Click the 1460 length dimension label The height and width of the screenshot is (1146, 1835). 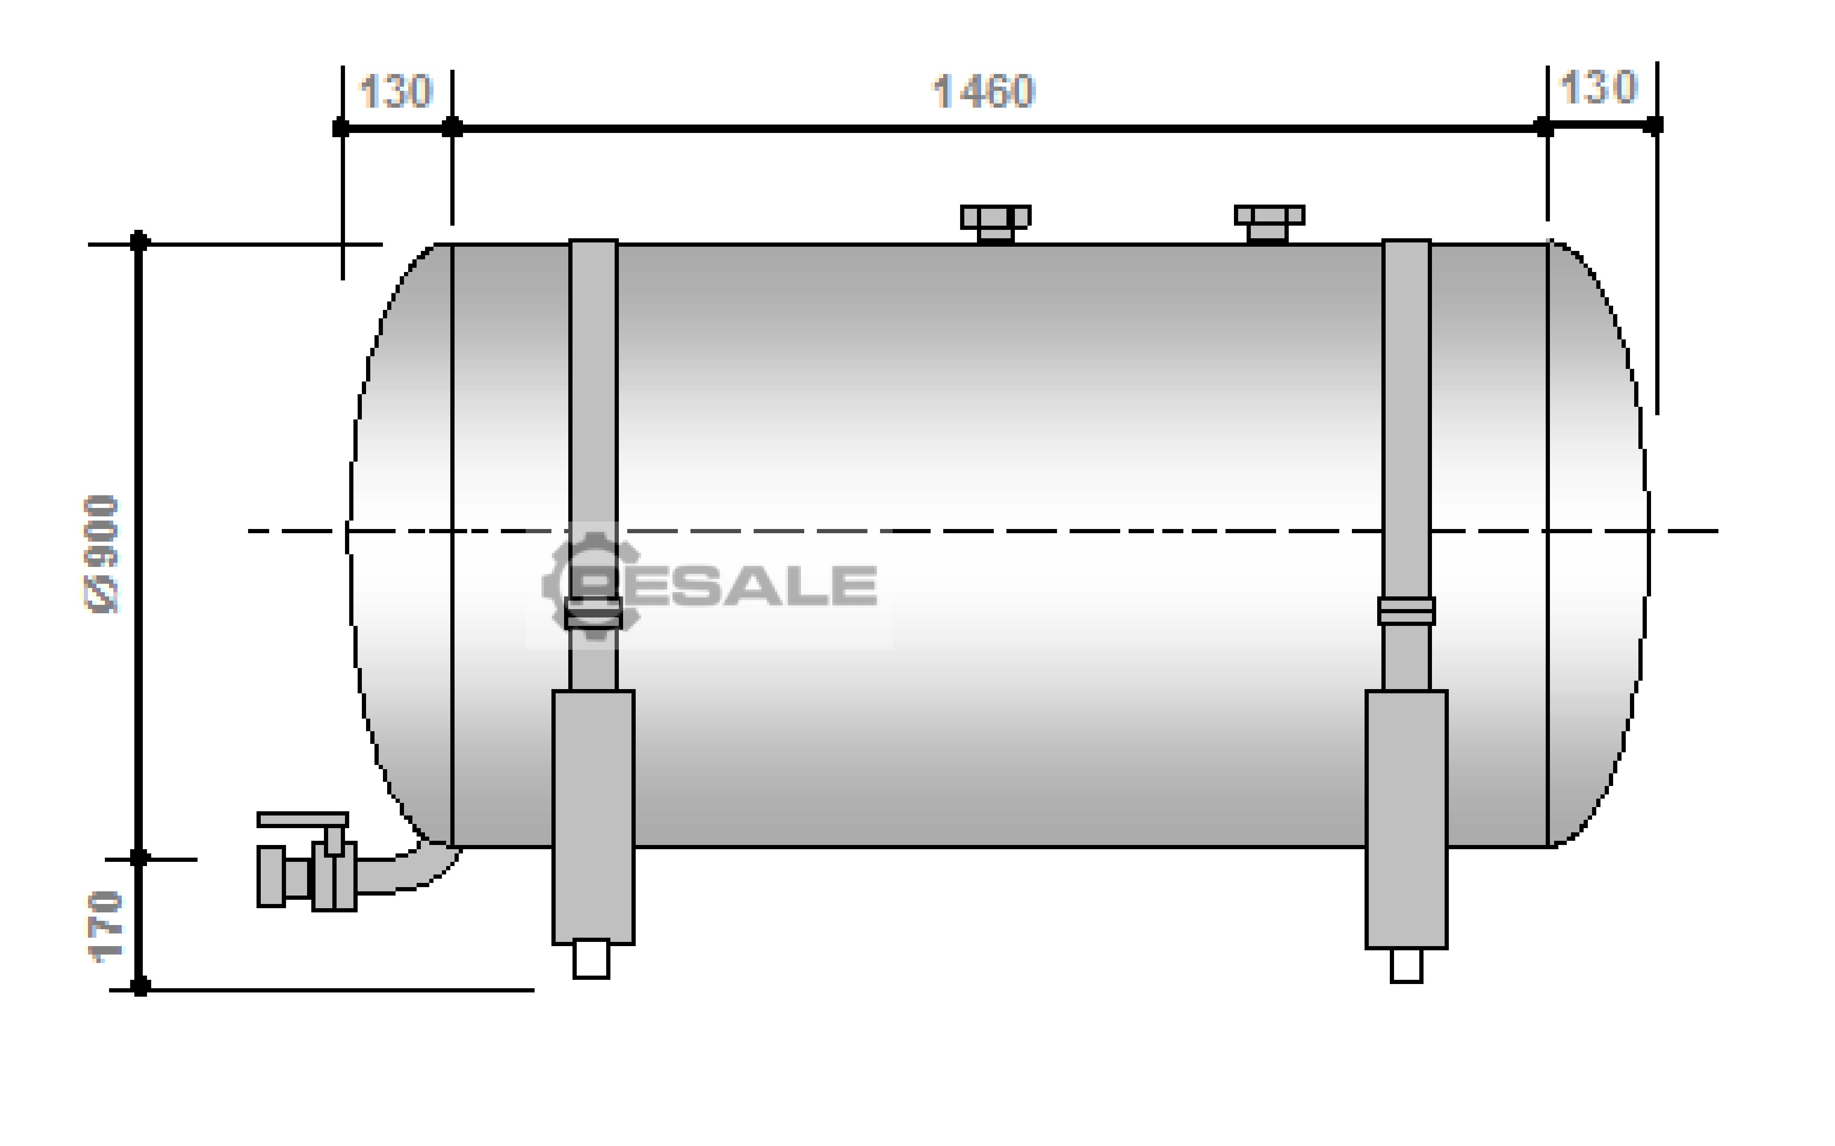pos(983,92)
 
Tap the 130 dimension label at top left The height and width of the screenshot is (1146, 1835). pos(395,92)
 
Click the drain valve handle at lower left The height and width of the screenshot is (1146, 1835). pos(303,819)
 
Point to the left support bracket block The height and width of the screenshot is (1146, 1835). pos(593,817)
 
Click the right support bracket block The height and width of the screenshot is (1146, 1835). pos(1406,819)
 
